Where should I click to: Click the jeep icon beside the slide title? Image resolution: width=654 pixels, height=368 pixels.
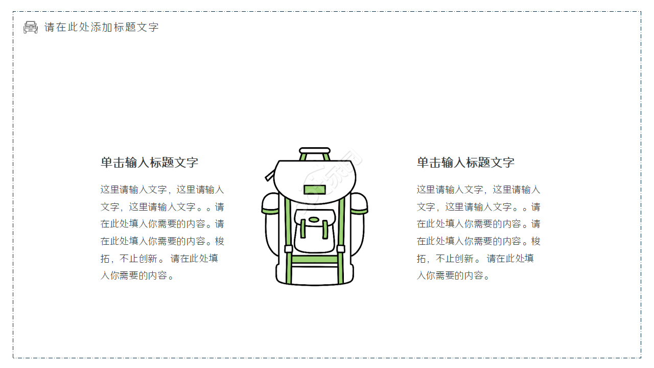pyautogui.click(x=31, y=27)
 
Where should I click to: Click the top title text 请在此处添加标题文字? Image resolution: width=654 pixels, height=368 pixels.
pyautogui.click(x=102, y=27)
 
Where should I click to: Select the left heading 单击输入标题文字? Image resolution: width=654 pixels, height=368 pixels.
pyautogui.click(x=149, y=163)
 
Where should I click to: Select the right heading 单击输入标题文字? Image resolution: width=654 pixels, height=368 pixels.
pyautogui.click(x=465, y=163)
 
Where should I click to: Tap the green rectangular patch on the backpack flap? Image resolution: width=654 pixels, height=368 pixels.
pyautogui.click(x=315, y=190)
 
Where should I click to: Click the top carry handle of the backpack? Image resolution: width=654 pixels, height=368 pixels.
pyautogui.click(x=315, y=151)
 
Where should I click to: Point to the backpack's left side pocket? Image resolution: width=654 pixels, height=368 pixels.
pyautogui.click(x=271, y=225)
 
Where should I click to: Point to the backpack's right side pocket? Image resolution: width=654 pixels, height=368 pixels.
pyautogui.click(x=358, y=225)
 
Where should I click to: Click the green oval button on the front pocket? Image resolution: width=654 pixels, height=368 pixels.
pyautogui.click(x=314, y=220)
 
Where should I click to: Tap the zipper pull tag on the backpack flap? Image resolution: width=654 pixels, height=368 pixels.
pyautogui.click(x=270, y=176)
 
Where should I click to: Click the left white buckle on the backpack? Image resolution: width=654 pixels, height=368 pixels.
pyautogui.click(x=288, y=249)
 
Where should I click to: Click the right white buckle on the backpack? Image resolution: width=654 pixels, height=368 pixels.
pyautogui.click(x=341, y=249)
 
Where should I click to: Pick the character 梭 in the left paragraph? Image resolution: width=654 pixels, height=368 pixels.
pyautogui.click(x=219, y=241)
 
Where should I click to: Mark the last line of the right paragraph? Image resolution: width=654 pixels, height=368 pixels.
pyautogui.click(x=454, y=275)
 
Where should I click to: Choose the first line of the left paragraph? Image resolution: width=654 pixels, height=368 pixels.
pyautogui.click(x=162, y=190)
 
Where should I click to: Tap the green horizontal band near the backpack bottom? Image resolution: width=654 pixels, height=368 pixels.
pyautogui.click(x=315, y=259)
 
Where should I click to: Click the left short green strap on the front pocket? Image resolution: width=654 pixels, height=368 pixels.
pyautogui.click(x=303, y=228)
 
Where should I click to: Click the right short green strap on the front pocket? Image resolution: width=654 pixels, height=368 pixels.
pyautogui.click(x=325, y=228)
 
